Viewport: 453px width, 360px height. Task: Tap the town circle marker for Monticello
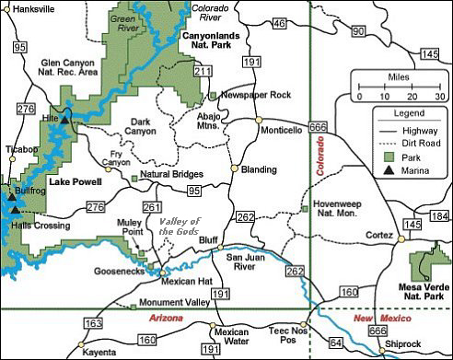(260, 119)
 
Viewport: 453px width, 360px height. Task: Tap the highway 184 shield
(440, 215)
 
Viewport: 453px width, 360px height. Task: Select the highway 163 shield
(93, 322)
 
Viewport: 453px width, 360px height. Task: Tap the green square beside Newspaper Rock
(213, 95)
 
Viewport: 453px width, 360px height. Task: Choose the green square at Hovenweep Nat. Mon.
(305, 209)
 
